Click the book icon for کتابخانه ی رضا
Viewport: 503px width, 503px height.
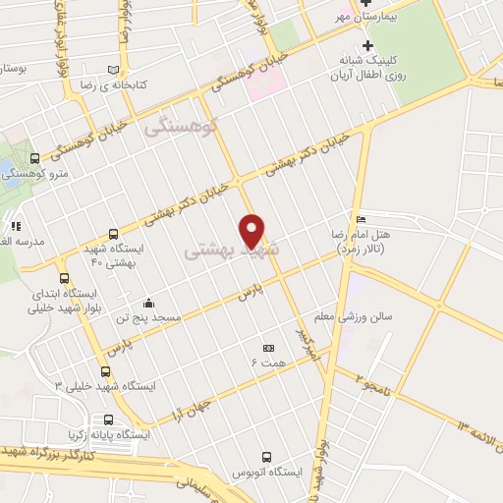point(116,70)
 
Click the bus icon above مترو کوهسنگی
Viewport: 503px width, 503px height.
point(35,157)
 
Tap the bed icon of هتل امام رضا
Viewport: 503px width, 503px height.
point(362,218)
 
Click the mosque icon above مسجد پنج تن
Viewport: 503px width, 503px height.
point(148,303)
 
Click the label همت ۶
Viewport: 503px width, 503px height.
point(266,363)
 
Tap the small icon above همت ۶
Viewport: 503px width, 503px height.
point(268,348)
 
